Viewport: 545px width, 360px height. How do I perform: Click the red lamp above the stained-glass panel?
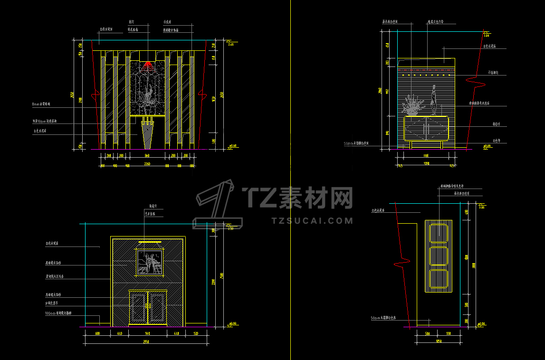pos(148,65)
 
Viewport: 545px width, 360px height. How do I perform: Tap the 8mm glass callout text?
pos(41,104)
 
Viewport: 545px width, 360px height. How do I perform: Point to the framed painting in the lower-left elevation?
pos(149,262)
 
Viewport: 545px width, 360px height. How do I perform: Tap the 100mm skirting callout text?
pos(58,313)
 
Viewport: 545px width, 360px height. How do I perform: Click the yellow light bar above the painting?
pos(149,242)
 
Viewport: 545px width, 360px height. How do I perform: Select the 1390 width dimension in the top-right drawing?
pos(426,164)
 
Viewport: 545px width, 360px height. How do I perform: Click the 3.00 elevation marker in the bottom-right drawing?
pos(481,208)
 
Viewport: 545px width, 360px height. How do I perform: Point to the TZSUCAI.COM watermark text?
pos(312,221)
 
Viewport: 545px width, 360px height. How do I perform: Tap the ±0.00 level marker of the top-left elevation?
pos(233,146)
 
